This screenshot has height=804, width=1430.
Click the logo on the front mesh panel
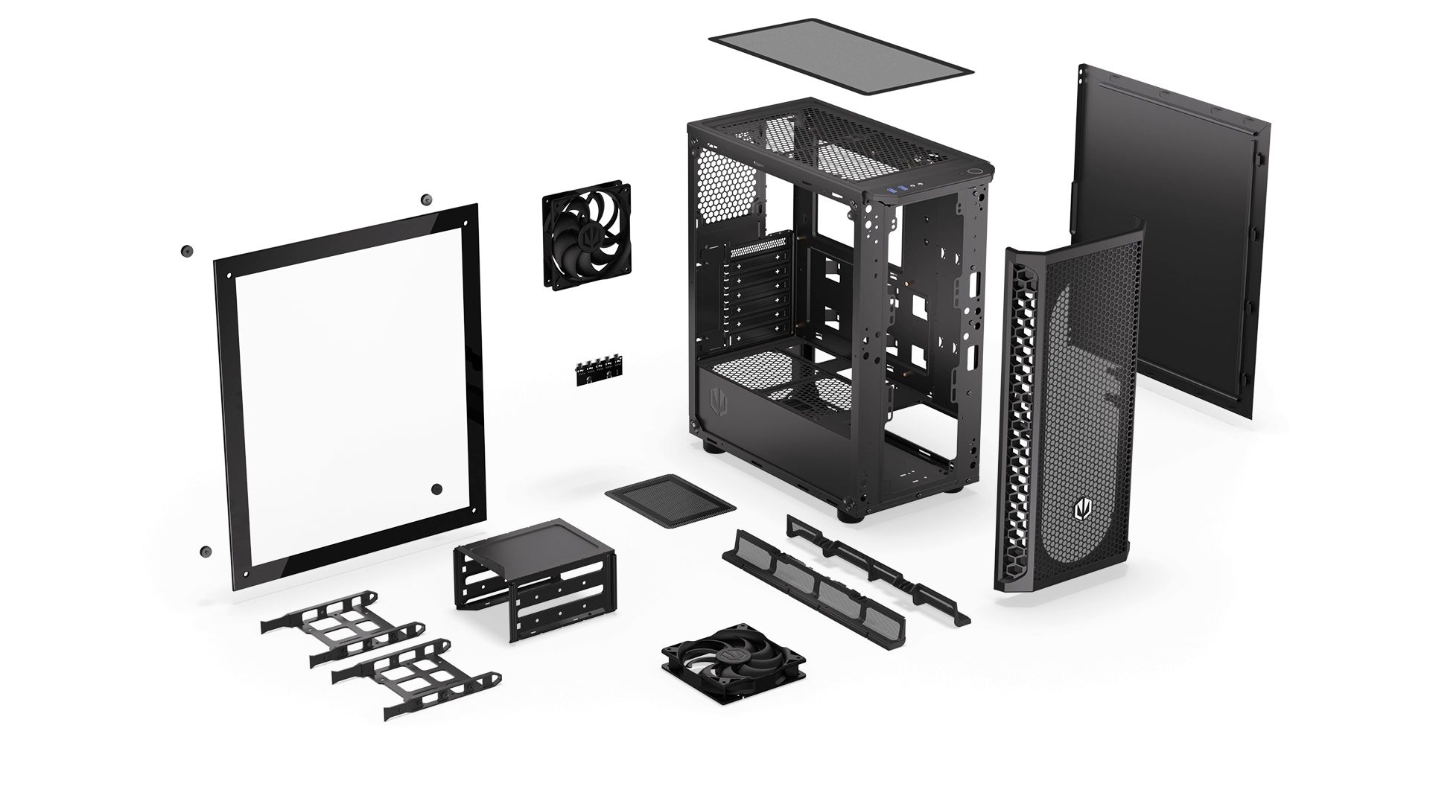(1081, 511)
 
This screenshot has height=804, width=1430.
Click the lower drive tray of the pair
(417, 677)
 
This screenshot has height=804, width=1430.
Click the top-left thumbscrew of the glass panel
(185, 251)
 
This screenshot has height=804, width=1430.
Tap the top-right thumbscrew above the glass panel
(426, 200)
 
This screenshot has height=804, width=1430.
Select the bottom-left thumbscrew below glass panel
(204, 552)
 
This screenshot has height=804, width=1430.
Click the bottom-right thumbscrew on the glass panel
(436, 489)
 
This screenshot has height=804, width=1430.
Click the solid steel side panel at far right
(1169, 246)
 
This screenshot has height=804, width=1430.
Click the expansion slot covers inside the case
(752, 298)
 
